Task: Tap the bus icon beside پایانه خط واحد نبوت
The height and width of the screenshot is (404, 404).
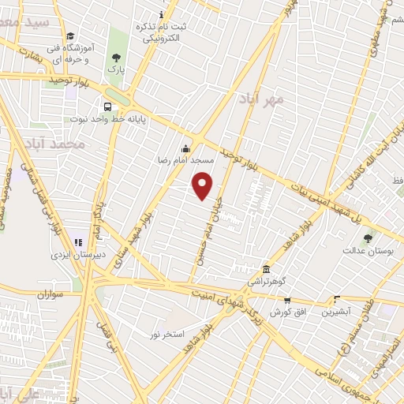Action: [x=107, y=107]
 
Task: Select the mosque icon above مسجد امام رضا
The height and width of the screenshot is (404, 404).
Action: [x=185, y=148]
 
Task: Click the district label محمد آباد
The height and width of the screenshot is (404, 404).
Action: [x=53, y=144]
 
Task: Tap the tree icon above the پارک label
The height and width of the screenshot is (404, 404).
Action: [x=117, y=57]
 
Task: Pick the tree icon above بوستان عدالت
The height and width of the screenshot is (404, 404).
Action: [x=367, y=238]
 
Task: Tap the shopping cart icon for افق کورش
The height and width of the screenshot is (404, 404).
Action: [x=287, y=300]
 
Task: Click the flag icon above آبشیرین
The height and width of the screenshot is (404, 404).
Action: [x=337, y=299]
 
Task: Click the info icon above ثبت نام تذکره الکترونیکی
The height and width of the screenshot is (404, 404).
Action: [x=162, y=15]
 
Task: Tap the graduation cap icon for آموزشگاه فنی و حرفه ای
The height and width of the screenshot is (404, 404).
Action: [x=70, y=36]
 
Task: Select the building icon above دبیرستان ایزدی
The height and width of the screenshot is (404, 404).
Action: [x=77, y=242]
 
